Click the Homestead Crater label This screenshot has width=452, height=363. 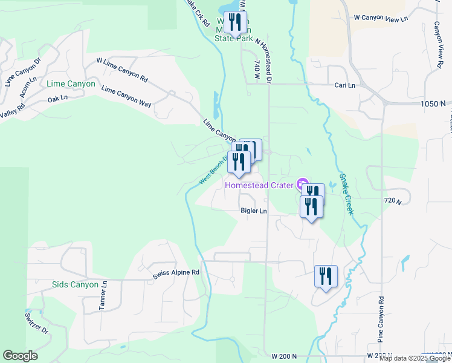click(x=259, y=185)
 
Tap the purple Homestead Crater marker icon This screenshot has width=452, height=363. click(x=302, y=184)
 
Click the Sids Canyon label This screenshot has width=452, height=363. click(x=75, y=284)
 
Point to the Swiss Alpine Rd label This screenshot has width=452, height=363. click(x=176, y=273)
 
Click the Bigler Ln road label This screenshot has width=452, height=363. click(x=254, y=211)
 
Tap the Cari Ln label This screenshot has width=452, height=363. click(x=345, y=85)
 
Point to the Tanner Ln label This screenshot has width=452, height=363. click(x=103, y=296)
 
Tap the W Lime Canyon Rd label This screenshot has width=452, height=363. click(x=122, y=70)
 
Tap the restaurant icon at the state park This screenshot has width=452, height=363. click(x=235, y=23)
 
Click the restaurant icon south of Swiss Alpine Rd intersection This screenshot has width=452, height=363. click(x=326, y=276)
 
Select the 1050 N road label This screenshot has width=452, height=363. click(x=433, y=104)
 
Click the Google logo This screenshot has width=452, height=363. click(x=20, y=356)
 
